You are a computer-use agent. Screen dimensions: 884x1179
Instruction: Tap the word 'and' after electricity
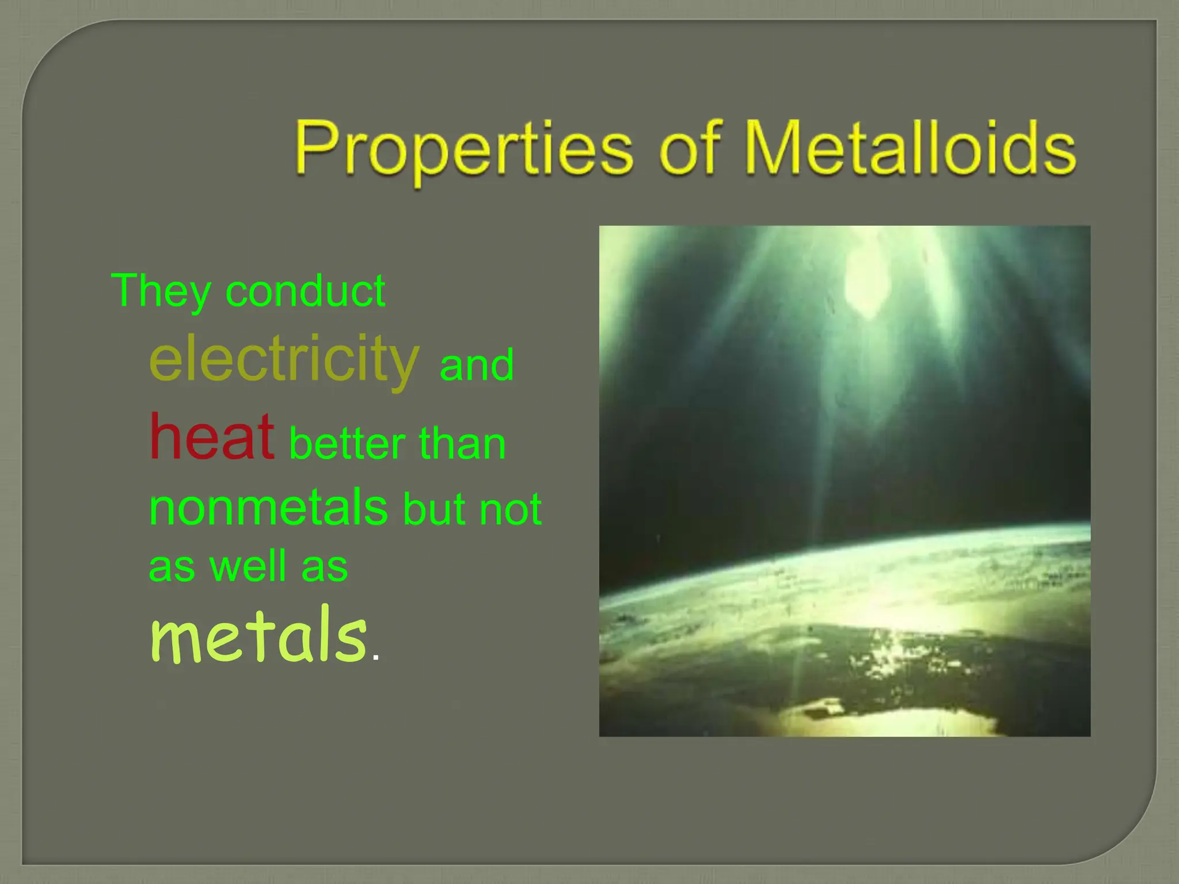(x=476, y=365)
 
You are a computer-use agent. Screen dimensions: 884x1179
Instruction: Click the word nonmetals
(x=268, y=507)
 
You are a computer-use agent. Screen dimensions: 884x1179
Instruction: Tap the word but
(x=433, y=509)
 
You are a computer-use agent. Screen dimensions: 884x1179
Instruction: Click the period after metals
(x=376, y=657)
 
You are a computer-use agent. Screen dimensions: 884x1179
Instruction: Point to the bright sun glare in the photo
(x=864, y=282)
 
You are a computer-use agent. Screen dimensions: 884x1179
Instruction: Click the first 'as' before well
(x=172, y=568)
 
